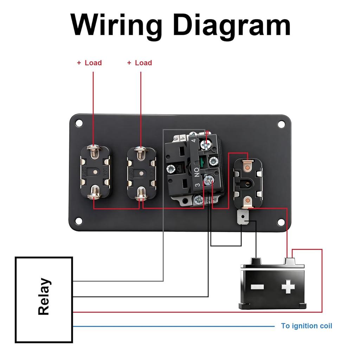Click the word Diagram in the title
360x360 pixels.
coord(232,25)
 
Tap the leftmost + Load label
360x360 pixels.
coord(89,63)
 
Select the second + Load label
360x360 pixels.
coord(140,63)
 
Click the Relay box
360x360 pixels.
coord(44,300)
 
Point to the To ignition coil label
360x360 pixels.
coord(306,326)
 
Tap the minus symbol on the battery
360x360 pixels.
coord(257,287)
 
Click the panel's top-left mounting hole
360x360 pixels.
coord(79,123)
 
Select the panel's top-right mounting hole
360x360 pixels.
coord(281,124)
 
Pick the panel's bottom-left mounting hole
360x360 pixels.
coord(79,221)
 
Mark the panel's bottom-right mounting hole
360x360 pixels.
coord(281,222)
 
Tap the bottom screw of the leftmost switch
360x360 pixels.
coord(94,192)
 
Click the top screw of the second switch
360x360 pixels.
coord(141,153)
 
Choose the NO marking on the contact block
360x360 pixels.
coord(197,172)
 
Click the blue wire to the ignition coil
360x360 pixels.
coord(176,326)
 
